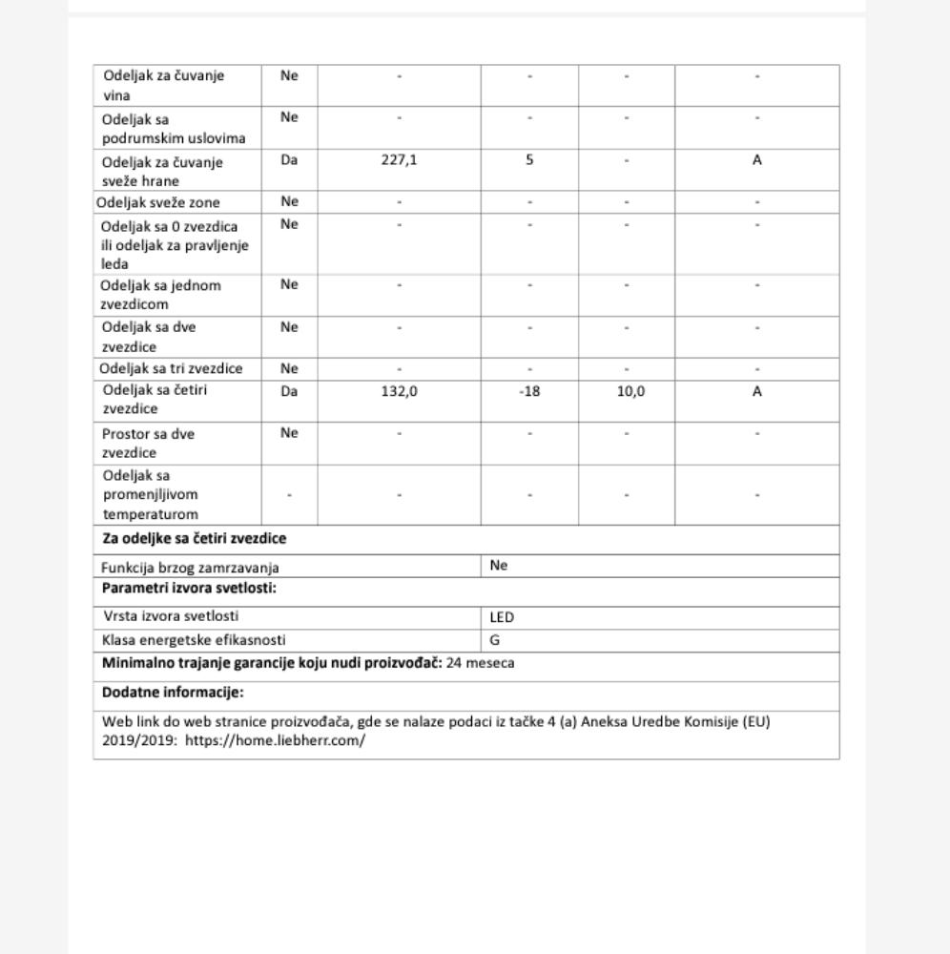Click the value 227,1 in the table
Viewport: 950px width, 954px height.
pyautogui.click(x=400, y=160)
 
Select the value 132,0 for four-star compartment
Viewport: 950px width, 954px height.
pyautogui.click(x=400, y=391)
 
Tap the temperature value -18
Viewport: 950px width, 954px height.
pyautogui.click(x=529, y=391)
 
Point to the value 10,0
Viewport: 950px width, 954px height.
pyautogui.click(x=627, y=391)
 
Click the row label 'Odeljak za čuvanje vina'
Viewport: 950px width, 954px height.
pyautogui.click(x=164, y=86)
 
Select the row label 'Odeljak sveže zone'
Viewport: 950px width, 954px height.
pyautogui.click(x=158, y=202)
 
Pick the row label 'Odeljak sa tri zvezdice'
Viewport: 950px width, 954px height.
pyautogui.click(x=171, y=369)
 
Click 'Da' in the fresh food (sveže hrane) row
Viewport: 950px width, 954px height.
pyautogui.click(x=290, y=160)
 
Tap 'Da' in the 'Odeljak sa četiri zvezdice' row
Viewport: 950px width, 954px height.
pyautogui.click(x=290, y=391)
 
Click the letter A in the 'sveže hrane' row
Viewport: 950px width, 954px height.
pyautogui.click(x=756, y=160)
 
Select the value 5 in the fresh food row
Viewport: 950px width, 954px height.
pyautogui.click(x=529, y=160)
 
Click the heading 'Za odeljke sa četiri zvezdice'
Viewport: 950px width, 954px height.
pyautogui.click(x=194, y=539)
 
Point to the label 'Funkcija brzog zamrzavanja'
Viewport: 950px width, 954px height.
pyautogui.click(x=190, y=567)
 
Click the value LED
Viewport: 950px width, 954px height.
pyautogui.click(x=502, y=617)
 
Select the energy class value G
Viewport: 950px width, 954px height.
pyautogui.click(x=495, y=640)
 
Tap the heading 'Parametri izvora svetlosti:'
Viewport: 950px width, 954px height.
pyautogui.click(x=189, y=588)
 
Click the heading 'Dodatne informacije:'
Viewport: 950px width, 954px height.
pyautogui.click(x=173, y=693)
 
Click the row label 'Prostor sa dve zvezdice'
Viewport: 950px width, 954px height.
pyautogui.click(x=148, y=443)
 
